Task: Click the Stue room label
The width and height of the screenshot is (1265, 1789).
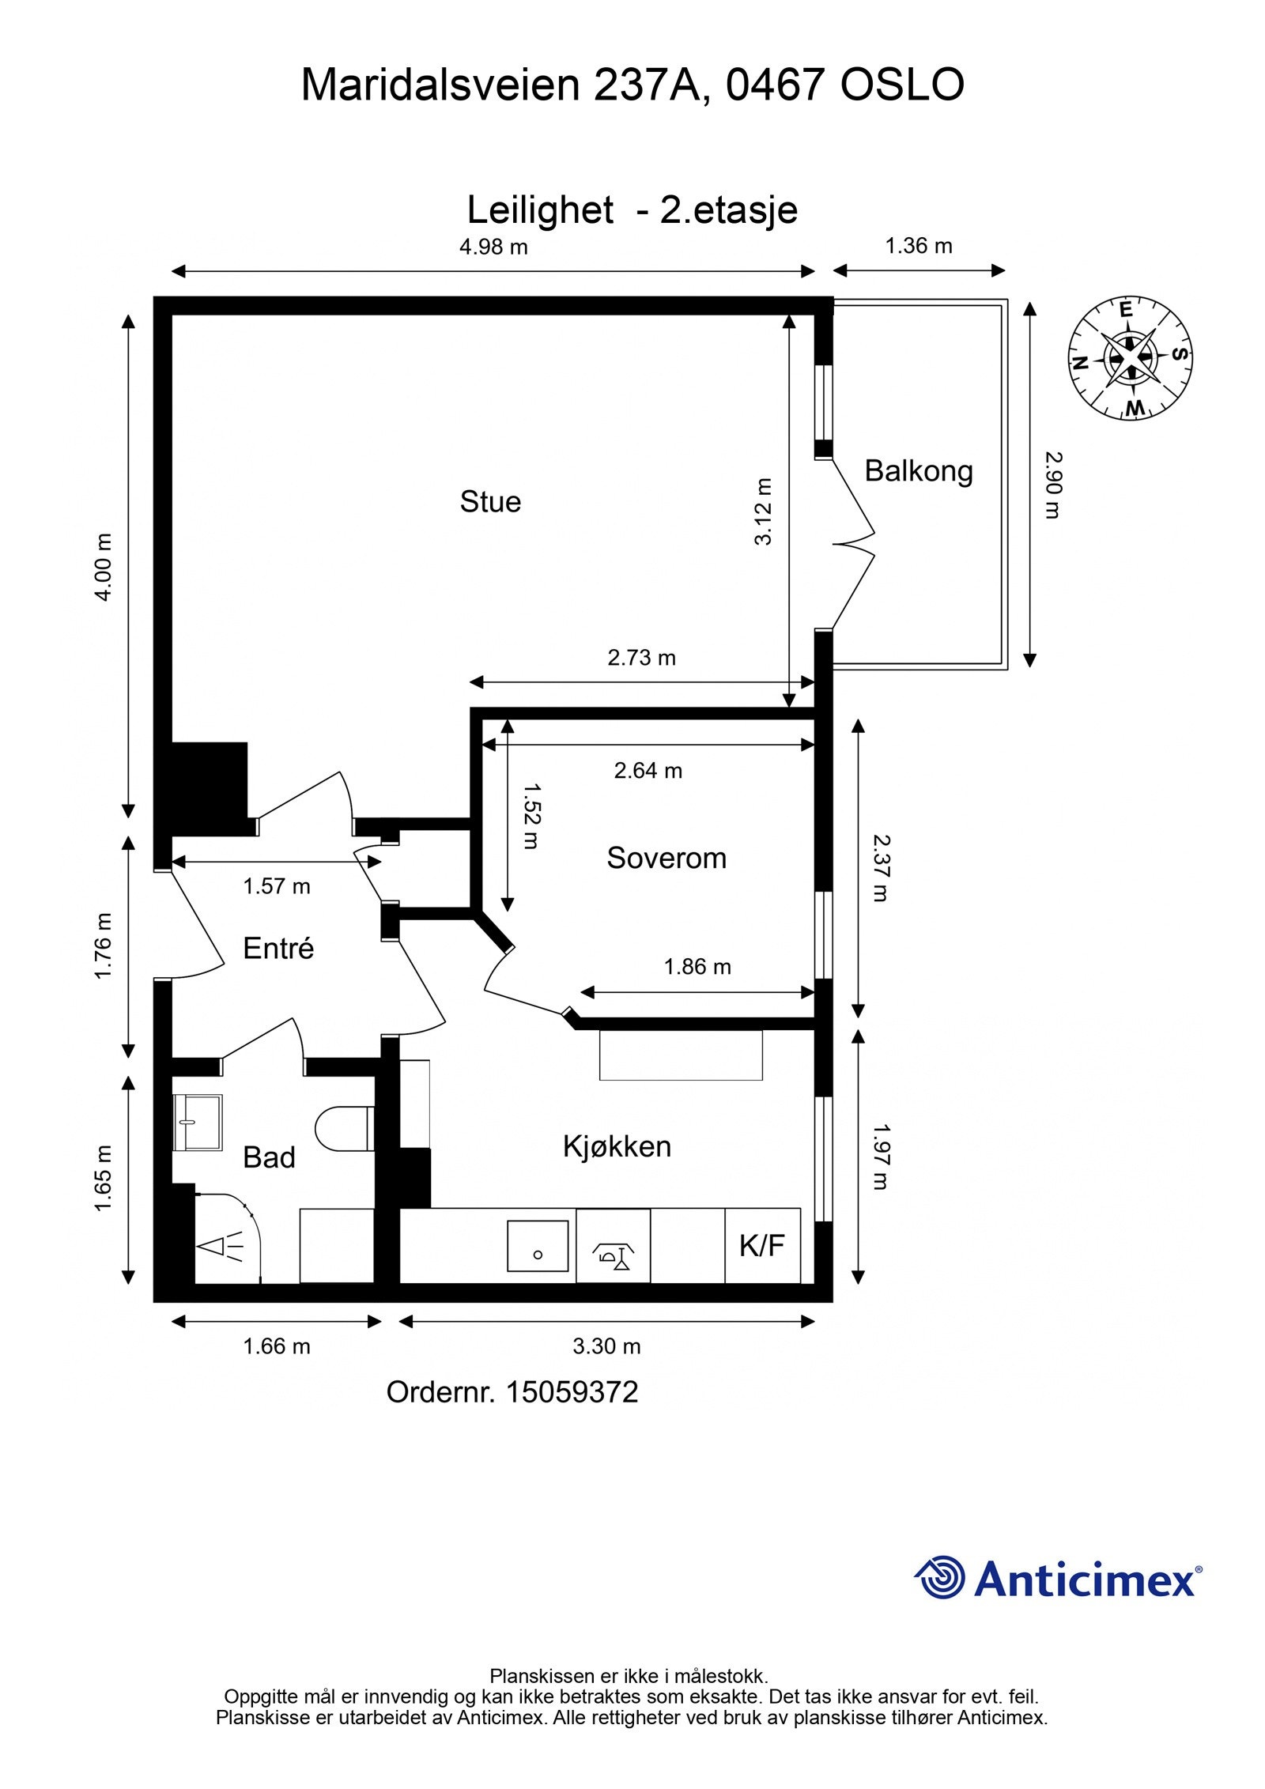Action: [x=490, y=502]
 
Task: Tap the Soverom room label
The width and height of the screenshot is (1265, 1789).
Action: [x=666, y=858]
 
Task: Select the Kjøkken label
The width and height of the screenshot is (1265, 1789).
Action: [x=617, y=1146]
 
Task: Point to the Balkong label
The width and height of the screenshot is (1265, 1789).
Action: [x=919, y=471]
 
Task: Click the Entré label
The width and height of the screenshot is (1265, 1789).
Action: [x=278, y=948]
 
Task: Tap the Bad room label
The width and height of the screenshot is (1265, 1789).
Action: [x=269, y=1157]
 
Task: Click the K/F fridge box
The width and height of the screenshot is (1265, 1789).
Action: [x=762, y=1245]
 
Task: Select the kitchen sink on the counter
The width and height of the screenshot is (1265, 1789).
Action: [x=538, y=1246]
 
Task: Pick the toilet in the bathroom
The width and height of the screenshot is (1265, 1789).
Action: [x=344, y=1128]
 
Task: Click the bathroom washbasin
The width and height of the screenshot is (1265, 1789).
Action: [x=197, y=1123]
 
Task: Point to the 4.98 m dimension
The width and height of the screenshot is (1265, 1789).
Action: [x=493, y=247]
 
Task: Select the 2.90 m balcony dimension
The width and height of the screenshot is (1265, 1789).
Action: [x=1052, y=485]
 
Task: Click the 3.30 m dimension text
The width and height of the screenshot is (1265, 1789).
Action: [x=606, y=1346]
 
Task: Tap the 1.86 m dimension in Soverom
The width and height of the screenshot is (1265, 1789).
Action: [x=697, y=966]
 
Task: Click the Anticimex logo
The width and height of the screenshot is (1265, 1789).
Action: [x=1058, y=1577]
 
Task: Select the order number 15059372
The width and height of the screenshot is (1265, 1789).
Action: [x=572, y=1392]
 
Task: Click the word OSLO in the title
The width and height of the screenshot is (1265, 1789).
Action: [x=902, y=85]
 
